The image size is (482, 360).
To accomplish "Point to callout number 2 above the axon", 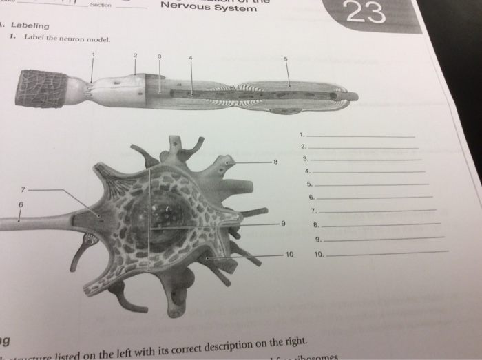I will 136,54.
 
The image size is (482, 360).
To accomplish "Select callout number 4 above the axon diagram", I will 191,56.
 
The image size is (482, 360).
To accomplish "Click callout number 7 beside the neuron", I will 23,188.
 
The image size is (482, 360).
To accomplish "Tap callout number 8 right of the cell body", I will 275,162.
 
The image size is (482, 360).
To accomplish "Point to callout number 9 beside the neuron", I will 282,224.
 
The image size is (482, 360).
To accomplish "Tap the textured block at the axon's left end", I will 41,88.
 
